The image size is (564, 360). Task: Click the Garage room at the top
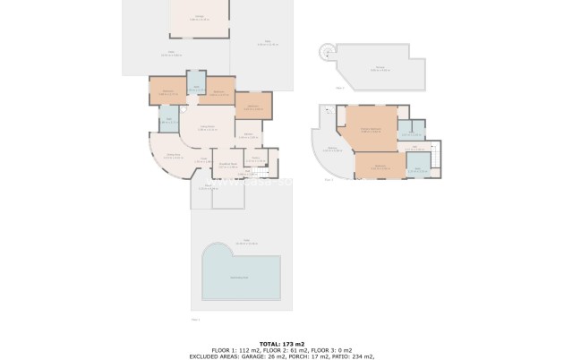click(x=198, y=18)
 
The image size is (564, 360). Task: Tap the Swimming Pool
click(x=240, y=273)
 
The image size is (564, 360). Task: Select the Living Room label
click(x=207, y=128)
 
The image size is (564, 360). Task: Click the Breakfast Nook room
click(x=228, y=165)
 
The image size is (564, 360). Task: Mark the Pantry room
click(x=256, y=161)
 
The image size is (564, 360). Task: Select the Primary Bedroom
click(x=371, y=130)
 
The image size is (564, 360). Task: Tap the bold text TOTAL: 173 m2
click(x=282, y=344)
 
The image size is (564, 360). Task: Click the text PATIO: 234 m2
click(x=352, y=356)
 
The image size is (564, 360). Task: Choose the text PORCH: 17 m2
click(x=302, y=356)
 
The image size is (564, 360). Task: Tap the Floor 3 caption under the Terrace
click(x=339, y=88)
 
